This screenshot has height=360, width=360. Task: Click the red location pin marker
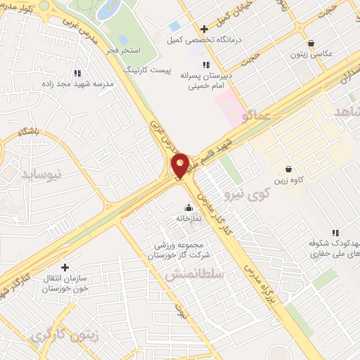[x=180, y=165]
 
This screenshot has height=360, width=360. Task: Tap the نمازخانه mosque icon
[x=188, y=207]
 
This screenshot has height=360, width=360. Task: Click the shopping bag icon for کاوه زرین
[x=289, y=169]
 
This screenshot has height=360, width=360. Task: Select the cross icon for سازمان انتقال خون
[x=65, y=267]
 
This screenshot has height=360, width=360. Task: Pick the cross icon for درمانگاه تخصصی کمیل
[x=204, y=29]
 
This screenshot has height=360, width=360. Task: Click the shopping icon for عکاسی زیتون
[x=311, y=42]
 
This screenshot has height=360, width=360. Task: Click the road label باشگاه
[x=31, y=133]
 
